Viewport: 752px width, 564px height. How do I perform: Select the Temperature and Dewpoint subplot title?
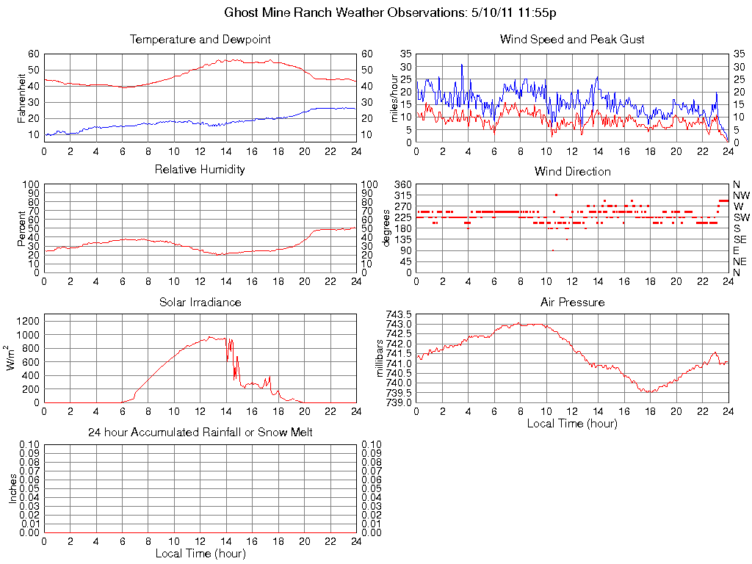(x=200, y=40)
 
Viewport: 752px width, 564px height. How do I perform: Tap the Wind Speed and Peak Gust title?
(x=572, y=40)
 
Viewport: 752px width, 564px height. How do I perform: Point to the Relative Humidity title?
(x=200, y=170)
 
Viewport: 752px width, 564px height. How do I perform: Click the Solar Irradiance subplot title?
(x=200, y=302)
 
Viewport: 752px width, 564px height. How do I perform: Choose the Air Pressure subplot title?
(x=572, y=302)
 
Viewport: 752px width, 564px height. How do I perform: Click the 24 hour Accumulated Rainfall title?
(x=200, y=433)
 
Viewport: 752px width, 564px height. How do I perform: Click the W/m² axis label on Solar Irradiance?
(x=12, y=358)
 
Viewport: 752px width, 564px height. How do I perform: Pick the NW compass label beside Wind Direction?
(x=740, y=195)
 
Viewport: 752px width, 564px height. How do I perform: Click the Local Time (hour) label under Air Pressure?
(x=572, y=423)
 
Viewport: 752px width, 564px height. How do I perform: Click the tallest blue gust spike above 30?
(x=462, y=65)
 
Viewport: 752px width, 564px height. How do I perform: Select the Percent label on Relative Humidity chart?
(x=21, y=228)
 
